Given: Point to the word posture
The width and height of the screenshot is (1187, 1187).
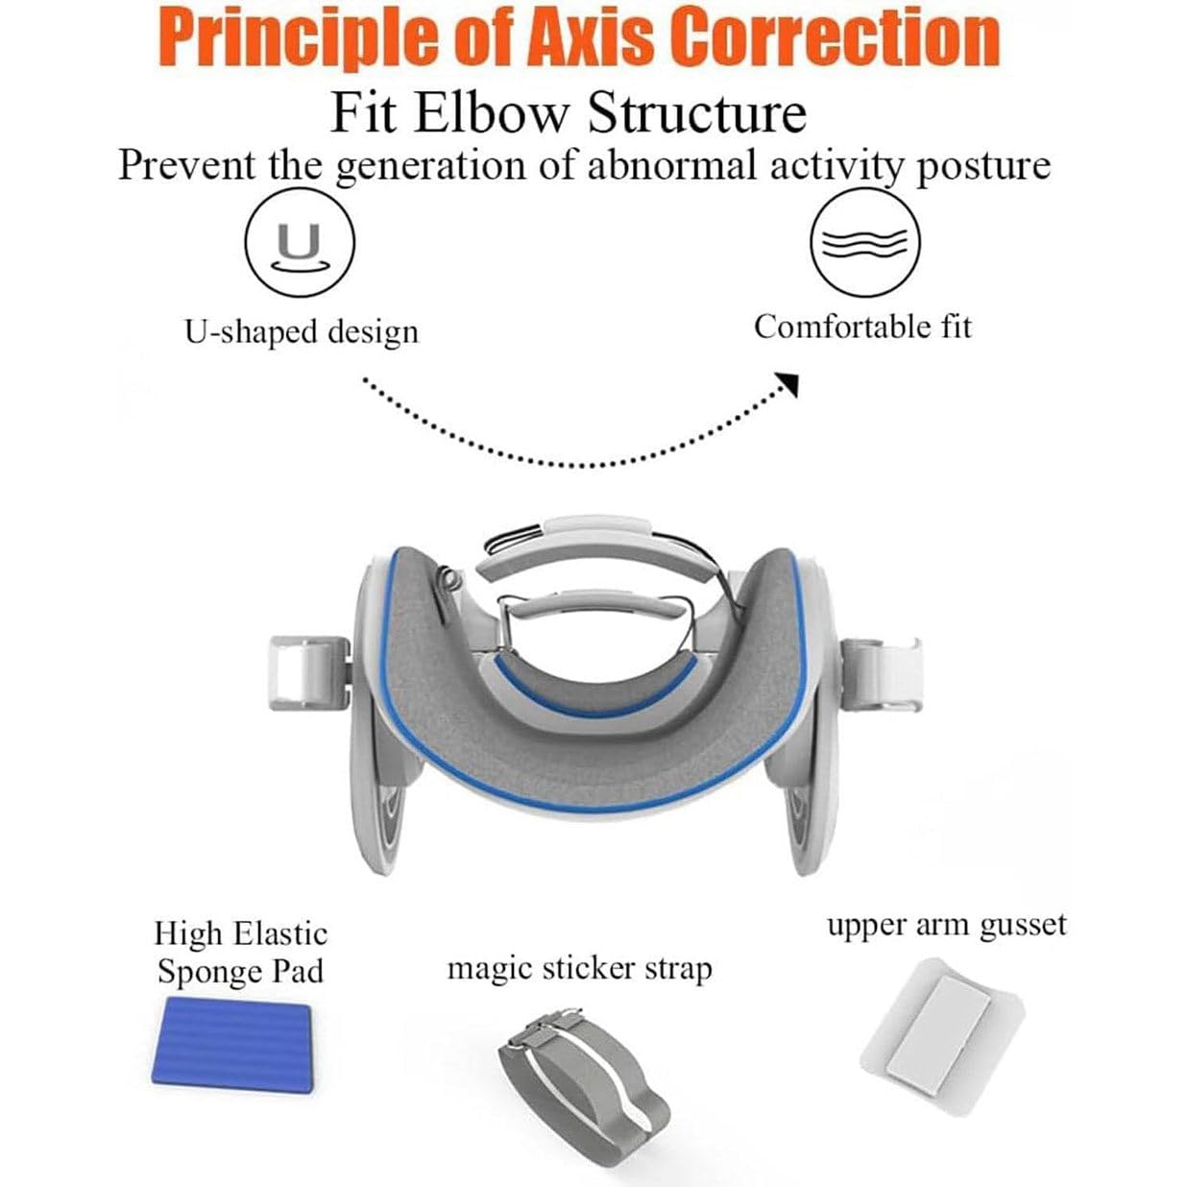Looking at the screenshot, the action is click(981, 165).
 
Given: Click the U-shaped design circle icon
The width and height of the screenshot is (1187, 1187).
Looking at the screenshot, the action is click(300, 241).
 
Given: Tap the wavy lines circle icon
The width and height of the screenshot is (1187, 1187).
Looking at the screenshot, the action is click(864, 241).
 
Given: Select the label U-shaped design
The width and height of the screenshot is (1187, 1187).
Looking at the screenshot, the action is click(301, 331).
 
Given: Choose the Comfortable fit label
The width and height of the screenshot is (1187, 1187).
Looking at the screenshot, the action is click(862, 327).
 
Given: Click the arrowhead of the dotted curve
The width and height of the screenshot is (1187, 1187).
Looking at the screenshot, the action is click(789, 383).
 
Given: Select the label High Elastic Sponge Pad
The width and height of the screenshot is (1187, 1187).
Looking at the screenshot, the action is click(240, 953).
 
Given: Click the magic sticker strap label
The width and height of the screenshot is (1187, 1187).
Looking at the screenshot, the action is click(579, 968).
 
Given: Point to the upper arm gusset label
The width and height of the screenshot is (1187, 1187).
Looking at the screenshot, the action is click(946, 925).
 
